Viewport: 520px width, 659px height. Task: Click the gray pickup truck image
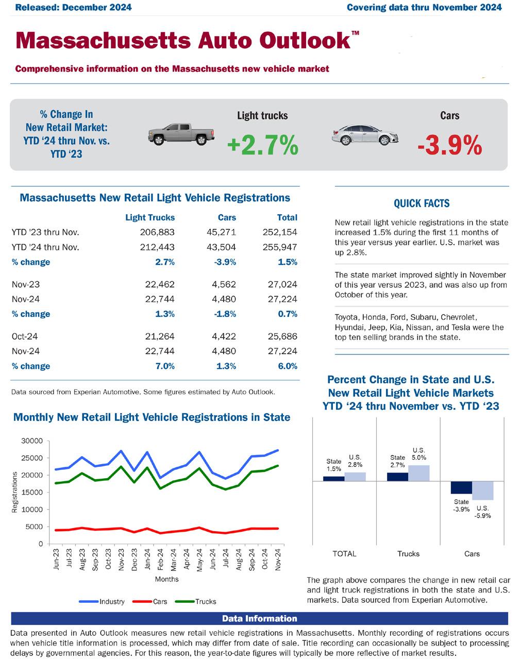click(181, 134)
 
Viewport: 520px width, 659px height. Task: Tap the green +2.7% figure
click(262, 146)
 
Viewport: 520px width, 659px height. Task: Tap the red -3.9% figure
click(449, 146)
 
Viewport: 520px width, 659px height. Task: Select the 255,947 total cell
click(280, 247)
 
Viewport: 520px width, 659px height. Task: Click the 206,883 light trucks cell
click(157, 232)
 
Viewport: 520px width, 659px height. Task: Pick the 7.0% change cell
click(165, 366)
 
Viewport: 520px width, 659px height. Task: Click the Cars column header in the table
click(227, 217)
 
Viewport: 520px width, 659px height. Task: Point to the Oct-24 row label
click(25, 336)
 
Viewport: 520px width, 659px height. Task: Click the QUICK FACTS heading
click(422, 204)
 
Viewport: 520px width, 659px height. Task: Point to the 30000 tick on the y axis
click(32, 441)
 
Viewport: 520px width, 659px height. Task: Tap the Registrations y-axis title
click(15, 492)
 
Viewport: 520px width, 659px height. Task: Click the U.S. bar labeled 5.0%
click(418, 472)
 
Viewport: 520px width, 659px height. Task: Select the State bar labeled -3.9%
click(461, 487)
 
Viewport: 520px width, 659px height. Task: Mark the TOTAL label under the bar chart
click(344, 554)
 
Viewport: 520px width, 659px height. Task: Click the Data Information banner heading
click(259, 618)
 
